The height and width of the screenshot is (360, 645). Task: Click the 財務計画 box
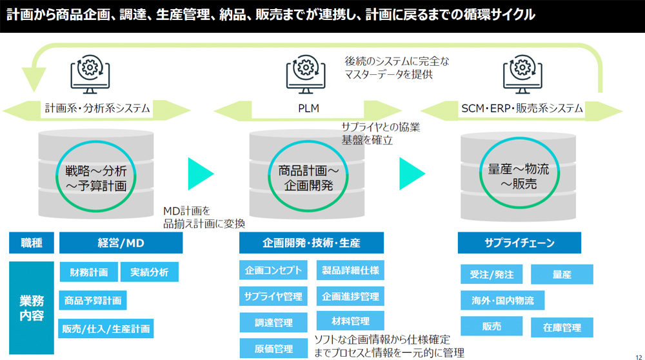pyautogui.click(x=89, y=272)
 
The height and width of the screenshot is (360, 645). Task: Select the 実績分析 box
pyautogui.click(x=149, y=272)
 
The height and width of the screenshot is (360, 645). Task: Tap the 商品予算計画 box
pyautogui.click(x=92, y=300)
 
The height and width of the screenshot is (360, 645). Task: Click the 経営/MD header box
pyautogui.click(x=121, y=243)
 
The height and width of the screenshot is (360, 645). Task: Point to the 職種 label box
pyautogui.click(x=32, y=243)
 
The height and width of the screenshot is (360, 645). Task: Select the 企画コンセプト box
pyautogui.click(x=273, y=270)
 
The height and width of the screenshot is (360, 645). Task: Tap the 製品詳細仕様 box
pyautogui.click(x=350, y=270)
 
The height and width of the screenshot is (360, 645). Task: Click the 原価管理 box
pyautogui.click(x=273, y=349)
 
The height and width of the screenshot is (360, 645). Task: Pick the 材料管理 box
pyautogui.click(x=350, y=321)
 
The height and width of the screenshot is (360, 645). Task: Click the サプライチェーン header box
pyautogui.click(x=519, y=243)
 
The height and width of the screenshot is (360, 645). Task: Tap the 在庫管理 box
pyautogui.click(x=562, y=327)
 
